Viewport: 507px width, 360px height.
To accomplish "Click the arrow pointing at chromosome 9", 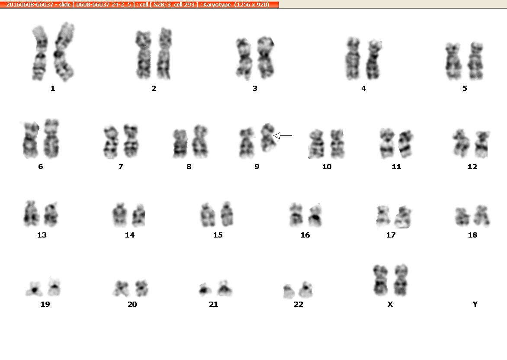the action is tap(282, 136).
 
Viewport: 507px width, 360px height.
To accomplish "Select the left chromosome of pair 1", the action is tap(40, 53).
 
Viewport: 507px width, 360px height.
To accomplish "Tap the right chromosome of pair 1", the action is tap(64, 52).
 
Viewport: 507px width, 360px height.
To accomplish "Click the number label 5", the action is tap(465, 88).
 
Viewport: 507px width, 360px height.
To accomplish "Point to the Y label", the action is tap(475, 304).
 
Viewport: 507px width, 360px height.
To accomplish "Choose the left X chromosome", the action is tap(381, 280).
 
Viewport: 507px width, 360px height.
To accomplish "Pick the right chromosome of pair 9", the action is tap(268, 138).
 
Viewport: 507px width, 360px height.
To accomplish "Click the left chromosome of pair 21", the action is tap(205, 289).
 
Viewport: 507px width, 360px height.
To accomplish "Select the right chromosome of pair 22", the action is tap(305, 289).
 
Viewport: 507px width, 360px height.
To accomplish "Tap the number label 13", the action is tap(42, 235).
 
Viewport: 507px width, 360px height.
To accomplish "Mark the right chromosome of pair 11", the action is tap(405, 144).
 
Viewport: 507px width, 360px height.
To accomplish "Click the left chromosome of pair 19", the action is tap(34, 289).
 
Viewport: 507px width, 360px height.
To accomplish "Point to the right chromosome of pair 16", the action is tap(314, 215).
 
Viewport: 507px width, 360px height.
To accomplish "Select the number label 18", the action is tap(473, 235).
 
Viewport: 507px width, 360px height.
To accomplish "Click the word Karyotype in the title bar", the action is tap(217, 4).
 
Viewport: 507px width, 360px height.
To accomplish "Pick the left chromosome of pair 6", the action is tap(31, 140).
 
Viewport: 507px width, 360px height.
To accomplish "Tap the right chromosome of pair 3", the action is tap(266, 58).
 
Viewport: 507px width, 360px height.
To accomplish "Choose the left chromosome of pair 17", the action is tap(383, 216).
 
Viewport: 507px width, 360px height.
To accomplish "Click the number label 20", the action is tap(132, 304).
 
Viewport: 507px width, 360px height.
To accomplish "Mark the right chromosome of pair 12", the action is tap(481, 144).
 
